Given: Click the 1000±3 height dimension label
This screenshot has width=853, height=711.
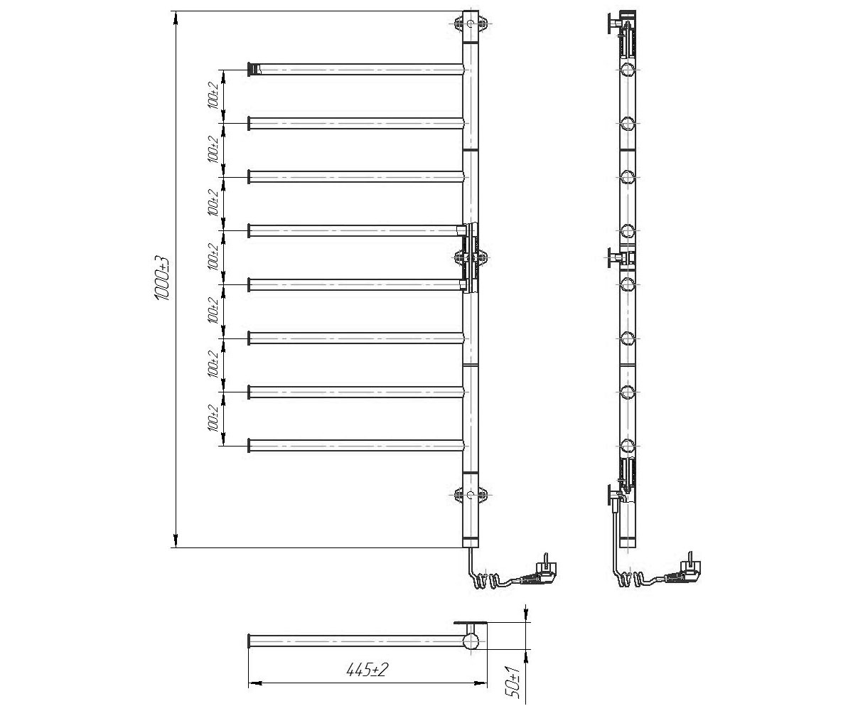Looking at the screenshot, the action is point(163,279).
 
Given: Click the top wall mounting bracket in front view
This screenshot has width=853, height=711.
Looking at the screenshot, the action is point(471,23).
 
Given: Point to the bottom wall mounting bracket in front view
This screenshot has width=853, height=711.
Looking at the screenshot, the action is point(471,495).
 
